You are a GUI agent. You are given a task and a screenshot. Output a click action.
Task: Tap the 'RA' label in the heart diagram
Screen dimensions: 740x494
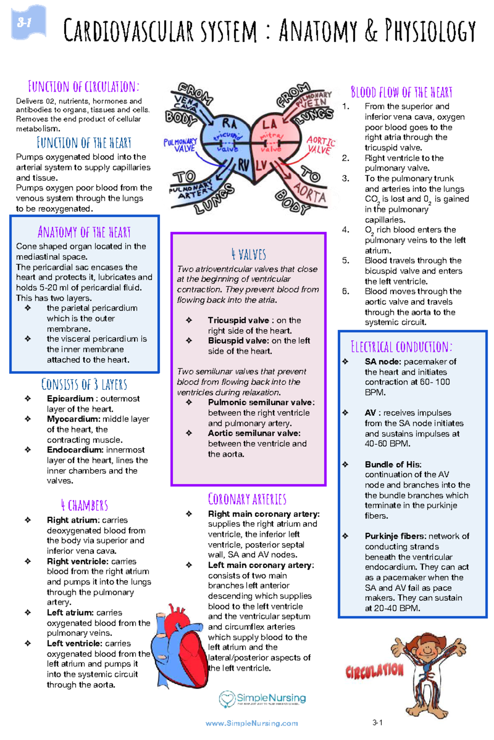[x=229, y=124]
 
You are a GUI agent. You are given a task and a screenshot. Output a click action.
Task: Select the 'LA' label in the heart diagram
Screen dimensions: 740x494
[x=270, y=124]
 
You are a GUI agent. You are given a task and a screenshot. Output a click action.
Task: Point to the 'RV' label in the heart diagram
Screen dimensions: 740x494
[x=243, y=165]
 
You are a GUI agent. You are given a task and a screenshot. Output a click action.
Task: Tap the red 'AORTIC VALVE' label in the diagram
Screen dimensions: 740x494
[x=320, y=145]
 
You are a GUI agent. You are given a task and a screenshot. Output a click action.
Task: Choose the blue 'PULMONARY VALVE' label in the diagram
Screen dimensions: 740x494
[x=181, y=145]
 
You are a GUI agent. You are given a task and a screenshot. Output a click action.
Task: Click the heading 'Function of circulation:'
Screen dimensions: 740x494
[x=84, y=87]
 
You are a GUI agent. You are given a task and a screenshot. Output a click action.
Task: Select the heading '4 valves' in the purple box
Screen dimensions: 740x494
[x=249, y=254]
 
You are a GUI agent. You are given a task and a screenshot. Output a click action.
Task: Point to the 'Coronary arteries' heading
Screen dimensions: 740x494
[x=247, y=499]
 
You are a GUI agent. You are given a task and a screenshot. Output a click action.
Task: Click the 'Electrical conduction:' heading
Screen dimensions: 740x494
[x=401, y=347]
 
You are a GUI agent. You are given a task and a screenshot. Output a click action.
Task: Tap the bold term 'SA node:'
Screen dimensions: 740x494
[x=383, y=362]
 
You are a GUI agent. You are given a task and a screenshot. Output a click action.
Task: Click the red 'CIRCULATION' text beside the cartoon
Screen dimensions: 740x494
[x=375, y=671]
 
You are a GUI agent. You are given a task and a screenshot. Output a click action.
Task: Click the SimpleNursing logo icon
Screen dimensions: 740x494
[x=227, y=699]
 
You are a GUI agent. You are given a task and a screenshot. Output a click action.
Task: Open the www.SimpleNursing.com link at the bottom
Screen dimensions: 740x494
[x=252, y=723]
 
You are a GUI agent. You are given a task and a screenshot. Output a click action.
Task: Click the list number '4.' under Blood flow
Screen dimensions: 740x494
[x=346, y=230]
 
